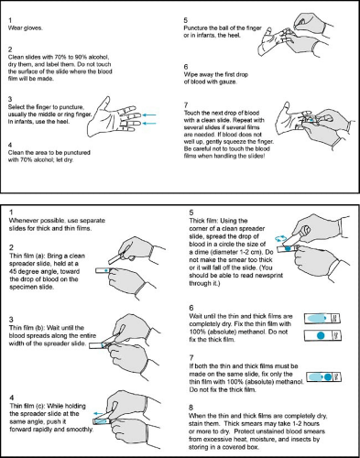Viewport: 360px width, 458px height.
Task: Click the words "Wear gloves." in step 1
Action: (x=25, y=28)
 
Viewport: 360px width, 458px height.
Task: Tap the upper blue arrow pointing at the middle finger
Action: (x=149, y=115)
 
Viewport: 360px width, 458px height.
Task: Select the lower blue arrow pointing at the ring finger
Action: (x=149, y=124)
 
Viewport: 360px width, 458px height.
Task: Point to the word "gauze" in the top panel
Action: (x=228, y=82)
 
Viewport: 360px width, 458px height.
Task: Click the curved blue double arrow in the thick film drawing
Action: (x=281, y=238)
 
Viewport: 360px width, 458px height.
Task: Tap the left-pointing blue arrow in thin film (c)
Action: (x=98, y=413)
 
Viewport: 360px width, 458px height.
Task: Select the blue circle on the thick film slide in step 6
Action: (x=321, y=335)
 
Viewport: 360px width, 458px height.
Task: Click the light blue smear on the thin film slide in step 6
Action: (x=316, y=318)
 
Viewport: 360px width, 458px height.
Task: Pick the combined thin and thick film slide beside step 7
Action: (x=323, y=376)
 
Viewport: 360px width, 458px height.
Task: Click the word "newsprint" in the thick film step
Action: (x=269, y=276)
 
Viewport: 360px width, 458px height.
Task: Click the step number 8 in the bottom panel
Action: (x=191, y=408)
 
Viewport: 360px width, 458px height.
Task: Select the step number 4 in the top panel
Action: (x=10, y=145)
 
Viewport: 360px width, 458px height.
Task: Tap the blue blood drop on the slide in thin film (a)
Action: (x=106, y=270)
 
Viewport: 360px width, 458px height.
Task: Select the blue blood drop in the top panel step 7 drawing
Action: (x=311, y=120)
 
